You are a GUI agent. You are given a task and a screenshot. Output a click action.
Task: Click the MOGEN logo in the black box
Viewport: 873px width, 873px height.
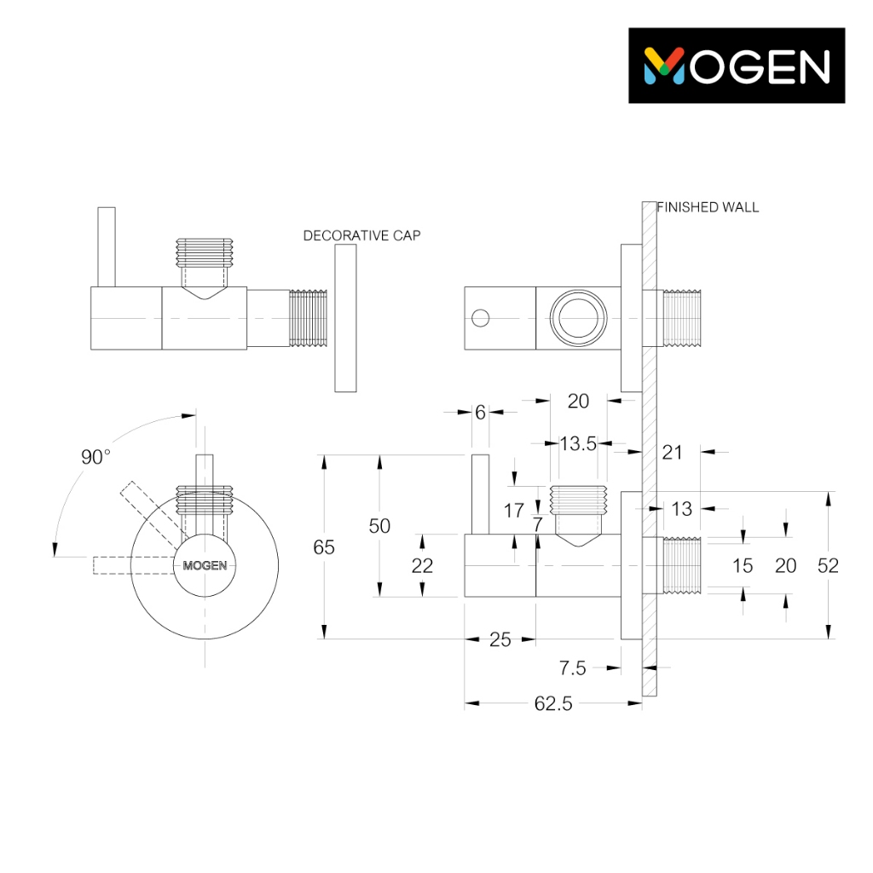tap(737, 66)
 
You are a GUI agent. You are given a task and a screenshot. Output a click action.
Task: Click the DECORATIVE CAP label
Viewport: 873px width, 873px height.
tap(361, 235)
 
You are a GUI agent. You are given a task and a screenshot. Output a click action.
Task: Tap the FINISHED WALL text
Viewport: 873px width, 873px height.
tap(708, 207)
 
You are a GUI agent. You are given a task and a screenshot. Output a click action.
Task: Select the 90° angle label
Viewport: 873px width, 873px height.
tap(95, 457)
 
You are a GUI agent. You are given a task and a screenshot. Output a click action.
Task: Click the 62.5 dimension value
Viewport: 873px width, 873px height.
tap(552, 703)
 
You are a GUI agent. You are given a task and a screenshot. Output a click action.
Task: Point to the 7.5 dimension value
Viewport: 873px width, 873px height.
tap(572, 668)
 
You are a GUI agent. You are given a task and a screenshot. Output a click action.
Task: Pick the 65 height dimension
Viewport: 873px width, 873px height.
tap(324, 547)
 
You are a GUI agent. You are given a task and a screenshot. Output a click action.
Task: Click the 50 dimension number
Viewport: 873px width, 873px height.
tap(379, 526)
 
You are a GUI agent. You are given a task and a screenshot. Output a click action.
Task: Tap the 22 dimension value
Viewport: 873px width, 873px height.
tap(422, 566)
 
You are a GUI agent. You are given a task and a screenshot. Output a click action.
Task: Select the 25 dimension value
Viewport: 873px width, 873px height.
tap(500, 639)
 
